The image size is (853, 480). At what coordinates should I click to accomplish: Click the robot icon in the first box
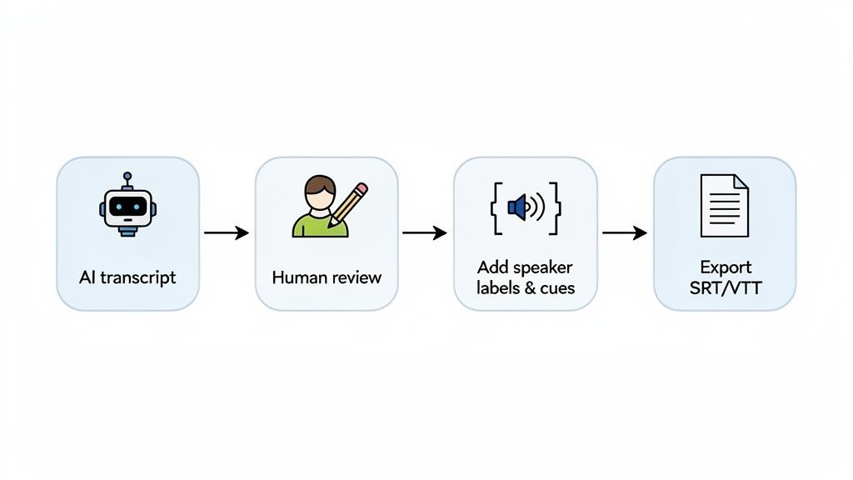127,206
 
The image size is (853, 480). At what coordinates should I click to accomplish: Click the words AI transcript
127,277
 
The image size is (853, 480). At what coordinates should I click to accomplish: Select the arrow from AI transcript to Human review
227,233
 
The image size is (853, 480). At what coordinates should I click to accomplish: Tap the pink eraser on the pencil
362,188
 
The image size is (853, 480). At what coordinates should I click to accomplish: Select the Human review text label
327,277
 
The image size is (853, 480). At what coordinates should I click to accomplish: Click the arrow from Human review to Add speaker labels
425,233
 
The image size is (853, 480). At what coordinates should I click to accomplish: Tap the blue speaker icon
518,207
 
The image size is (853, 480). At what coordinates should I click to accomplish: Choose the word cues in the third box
555,288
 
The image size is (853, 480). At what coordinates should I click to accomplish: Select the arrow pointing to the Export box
624,233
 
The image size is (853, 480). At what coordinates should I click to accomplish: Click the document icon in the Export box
723,205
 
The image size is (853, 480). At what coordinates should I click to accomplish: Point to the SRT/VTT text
725,288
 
